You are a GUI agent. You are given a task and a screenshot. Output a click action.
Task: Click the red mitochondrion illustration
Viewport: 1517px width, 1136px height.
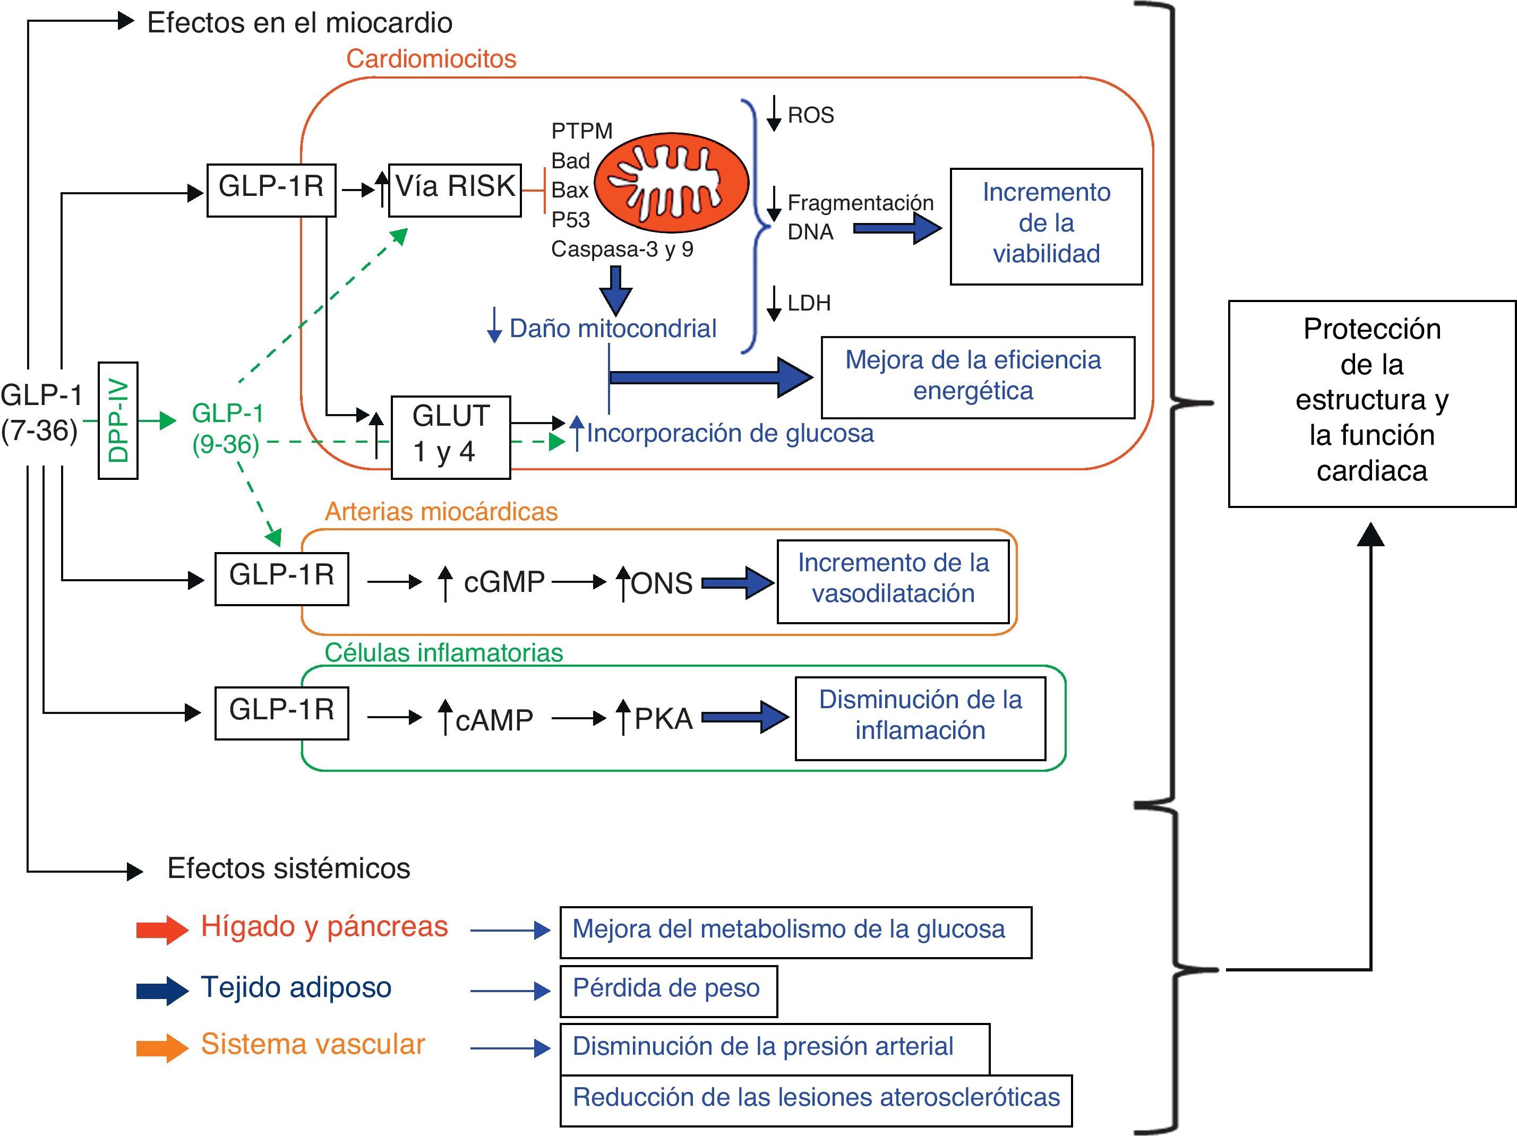coord(670,182)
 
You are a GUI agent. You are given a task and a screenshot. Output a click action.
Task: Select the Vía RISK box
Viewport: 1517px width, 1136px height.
coord(455,190)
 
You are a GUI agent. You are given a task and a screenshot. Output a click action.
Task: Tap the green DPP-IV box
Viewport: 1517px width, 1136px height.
coord(118,420)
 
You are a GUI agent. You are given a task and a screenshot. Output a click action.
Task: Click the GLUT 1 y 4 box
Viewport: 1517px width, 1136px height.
coord(451,437)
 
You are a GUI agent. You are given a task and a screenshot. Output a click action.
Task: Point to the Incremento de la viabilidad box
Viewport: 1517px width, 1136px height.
coord(1046,226)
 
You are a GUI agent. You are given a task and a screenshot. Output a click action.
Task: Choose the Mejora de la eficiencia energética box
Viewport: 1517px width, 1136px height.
coord(978,377)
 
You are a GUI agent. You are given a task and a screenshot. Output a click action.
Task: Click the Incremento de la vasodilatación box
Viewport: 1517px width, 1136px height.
coord(893,581)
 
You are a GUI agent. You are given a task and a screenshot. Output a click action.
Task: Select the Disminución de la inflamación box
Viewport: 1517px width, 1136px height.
coord(920,718)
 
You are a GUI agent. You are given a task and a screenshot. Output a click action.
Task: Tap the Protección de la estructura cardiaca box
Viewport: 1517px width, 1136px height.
coord(1372,403)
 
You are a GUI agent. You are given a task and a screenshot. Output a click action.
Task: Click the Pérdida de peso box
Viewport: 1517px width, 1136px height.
coord(668,990)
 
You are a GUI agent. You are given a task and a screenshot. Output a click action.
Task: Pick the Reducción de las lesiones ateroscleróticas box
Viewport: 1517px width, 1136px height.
coord(816,1100)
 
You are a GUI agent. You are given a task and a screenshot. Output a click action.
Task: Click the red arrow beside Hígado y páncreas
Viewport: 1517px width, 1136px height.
coord(162,929)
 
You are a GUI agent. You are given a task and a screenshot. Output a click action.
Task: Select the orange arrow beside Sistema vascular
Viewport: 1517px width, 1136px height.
coord(162,1047)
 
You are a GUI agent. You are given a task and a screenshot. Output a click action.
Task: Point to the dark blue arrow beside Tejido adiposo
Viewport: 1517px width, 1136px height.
coord(162,990)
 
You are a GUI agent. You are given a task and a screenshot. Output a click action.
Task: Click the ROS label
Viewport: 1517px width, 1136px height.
coord(811,115)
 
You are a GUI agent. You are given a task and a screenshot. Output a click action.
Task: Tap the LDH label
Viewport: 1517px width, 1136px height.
coord(809,303)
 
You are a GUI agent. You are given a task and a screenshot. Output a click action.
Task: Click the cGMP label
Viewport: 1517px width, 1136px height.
coord(504,582)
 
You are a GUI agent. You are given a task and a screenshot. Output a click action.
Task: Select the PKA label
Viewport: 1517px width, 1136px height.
coord(663,718)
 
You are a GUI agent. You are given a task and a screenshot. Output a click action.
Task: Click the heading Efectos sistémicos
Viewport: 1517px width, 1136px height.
coord(289,868)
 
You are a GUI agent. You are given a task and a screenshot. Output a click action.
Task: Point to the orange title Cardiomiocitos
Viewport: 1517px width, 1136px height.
coord(431,59)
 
